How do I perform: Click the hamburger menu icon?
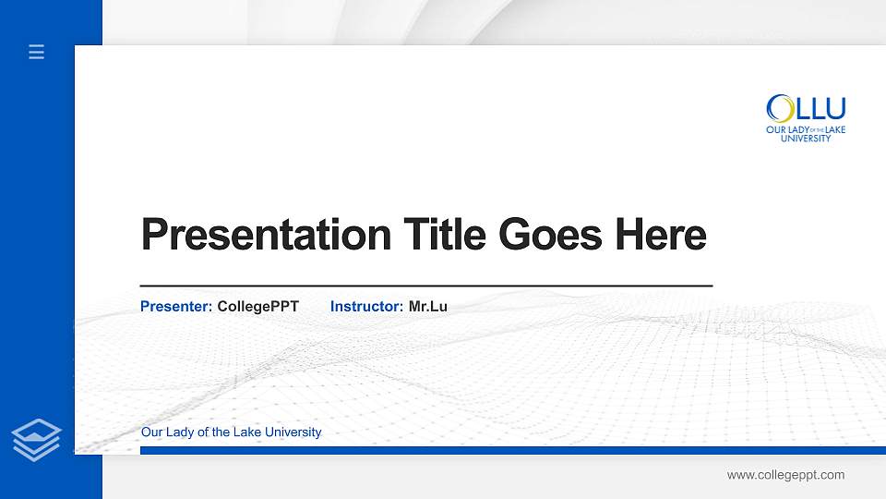coord(37,53)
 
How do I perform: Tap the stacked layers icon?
coord(37,438)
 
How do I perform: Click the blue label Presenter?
coord(176,306)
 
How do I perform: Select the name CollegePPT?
coord(258,306)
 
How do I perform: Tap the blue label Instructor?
coord(366,306)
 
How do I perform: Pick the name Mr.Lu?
coord(428,306)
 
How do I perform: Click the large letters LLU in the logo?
coord(820,108)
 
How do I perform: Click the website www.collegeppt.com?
coord(785,475)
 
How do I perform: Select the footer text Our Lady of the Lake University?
coord(231,432)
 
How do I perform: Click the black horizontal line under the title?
coord(425,286)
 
